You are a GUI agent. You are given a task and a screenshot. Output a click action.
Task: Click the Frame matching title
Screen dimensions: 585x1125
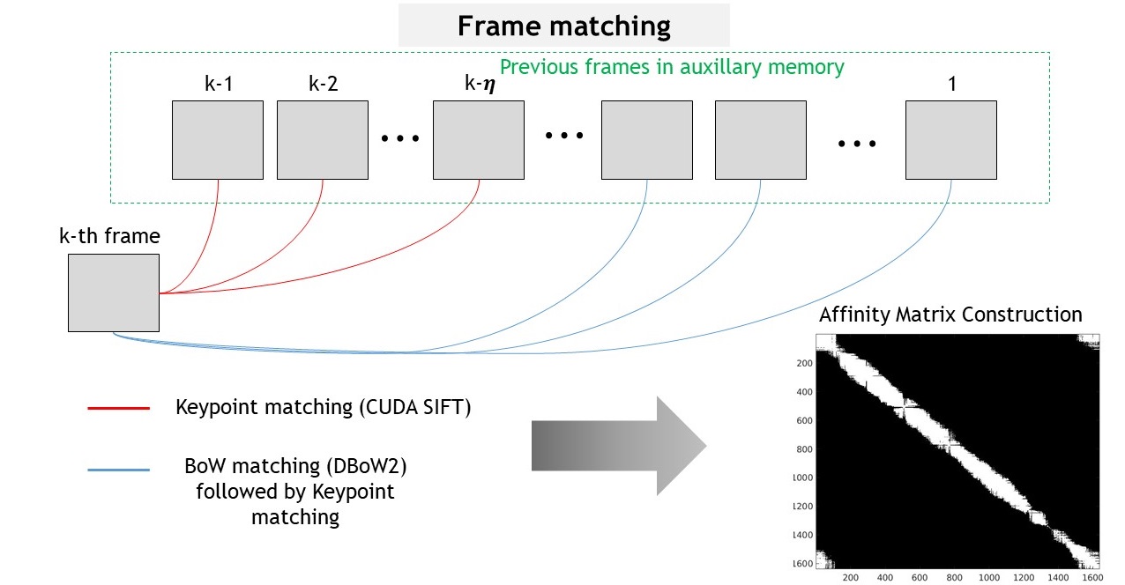pos(563,26)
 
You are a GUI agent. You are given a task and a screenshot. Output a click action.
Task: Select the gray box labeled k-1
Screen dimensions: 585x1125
pos(217,140)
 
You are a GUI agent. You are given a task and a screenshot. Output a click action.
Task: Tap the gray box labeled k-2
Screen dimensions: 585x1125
pos(322,140)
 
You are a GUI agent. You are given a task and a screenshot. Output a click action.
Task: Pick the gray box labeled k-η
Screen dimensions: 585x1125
pos(478,140)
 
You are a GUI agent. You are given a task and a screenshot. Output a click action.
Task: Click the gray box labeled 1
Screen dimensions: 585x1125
pos(950,140)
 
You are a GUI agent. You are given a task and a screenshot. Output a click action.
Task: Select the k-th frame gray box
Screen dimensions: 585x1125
pos(114,292)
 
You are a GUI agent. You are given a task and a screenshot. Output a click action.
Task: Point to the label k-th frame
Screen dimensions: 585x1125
pos(109,236)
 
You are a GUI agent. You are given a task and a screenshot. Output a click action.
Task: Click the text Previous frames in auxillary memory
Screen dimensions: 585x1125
pos(672,66)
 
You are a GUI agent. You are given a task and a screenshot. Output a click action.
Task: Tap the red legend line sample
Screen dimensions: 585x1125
pos(118,408)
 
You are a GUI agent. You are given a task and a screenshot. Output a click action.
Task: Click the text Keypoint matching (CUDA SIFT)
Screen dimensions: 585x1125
pos(324,408)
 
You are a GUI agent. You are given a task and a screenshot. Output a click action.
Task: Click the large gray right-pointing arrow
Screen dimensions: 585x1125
pos(618,446)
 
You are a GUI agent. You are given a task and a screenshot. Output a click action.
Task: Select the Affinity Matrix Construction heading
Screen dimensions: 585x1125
pos(950,315)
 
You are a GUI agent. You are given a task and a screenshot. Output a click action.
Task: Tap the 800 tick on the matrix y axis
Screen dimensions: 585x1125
pos(803,448)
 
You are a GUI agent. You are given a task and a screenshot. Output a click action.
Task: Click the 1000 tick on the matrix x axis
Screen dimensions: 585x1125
pos(988,577)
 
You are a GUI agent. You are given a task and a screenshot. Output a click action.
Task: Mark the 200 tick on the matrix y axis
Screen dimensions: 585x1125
pos(803,363)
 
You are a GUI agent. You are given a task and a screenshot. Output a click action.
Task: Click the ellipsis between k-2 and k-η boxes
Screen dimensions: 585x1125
pos(400,138)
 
